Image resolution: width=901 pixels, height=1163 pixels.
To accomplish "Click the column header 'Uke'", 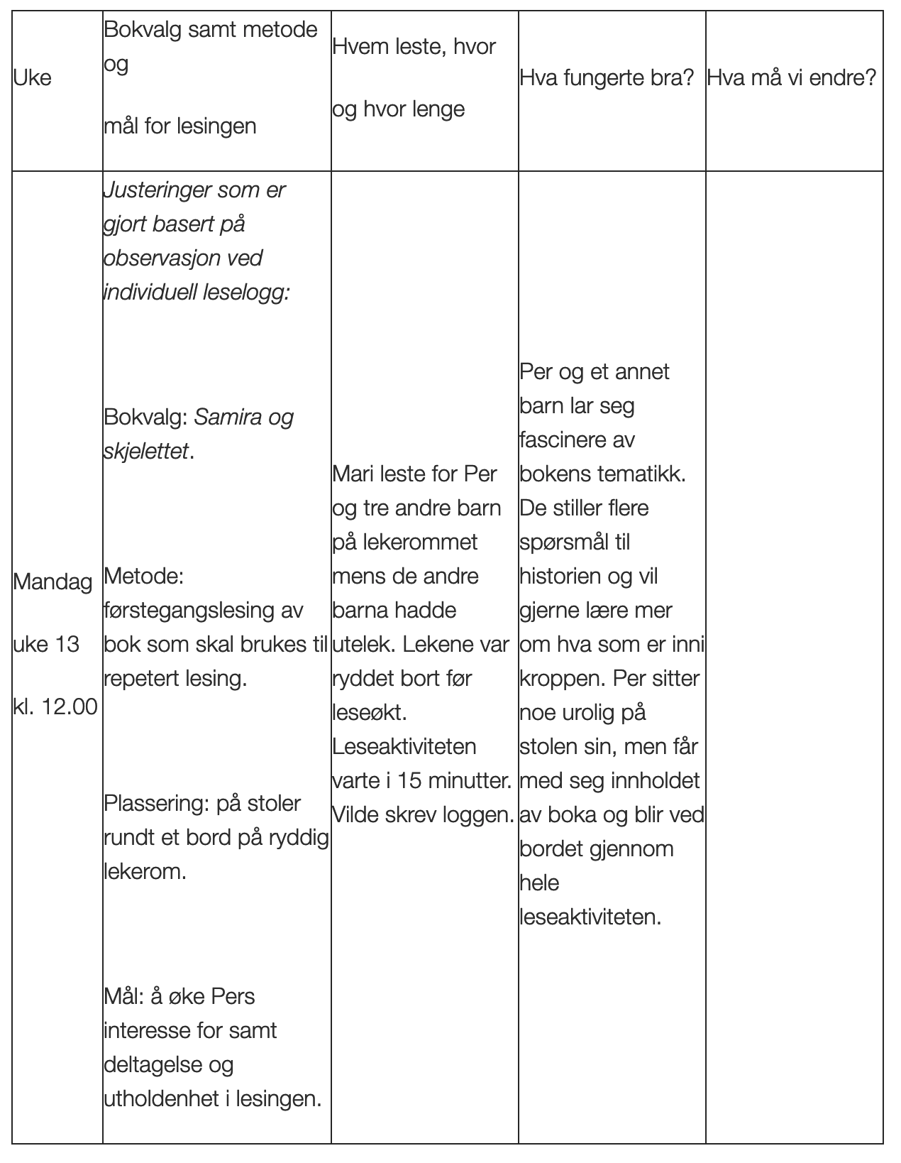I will pos(33,77).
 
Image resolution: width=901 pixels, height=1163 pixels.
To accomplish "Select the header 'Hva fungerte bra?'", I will pos(607,77).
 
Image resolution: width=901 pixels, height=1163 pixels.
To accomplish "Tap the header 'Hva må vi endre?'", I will pos(792,77).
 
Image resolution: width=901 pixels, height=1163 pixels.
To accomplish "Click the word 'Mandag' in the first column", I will pos(52,582).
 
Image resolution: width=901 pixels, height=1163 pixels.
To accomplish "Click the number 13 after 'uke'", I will pos(67,645).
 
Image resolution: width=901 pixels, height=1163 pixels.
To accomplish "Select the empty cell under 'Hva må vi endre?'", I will pos(794,639).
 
